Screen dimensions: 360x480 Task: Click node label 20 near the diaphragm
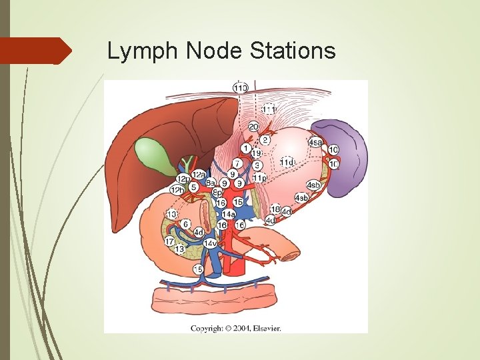click(x=254, y=127)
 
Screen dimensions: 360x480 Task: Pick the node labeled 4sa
click(x=315, y=142)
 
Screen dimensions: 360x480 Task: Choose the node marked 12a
click(x=198, y=175)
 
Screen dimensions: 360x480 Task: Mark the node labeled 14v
click(x=209, y=243)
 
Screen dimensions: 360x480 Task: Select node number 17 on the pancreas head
click(x=169, y=241)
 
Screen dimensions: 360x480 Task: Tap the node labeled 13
click(x=179, y=249)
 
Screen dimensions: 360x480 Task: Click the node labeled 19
click(x=256, y=154)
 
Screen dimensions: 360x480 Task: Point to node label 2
click(x=265, y=140)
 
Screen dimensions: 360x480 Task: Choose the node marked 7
click(x=237, y=163)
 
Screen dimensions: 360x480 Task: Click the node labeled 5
click(x=193, y=187)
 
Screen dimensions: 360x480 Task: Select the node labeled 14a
click(x=228, y=214)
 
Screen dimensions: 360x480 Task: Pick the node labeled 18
click(x=275, y=209)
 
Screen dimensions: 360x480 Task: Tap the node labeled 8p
click(x=217, y=192)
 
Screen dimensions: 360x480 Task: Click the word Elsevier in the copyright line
click(x=265, y=328)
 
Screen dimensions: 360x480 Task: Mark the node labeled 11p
click(x=259, y=177)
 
